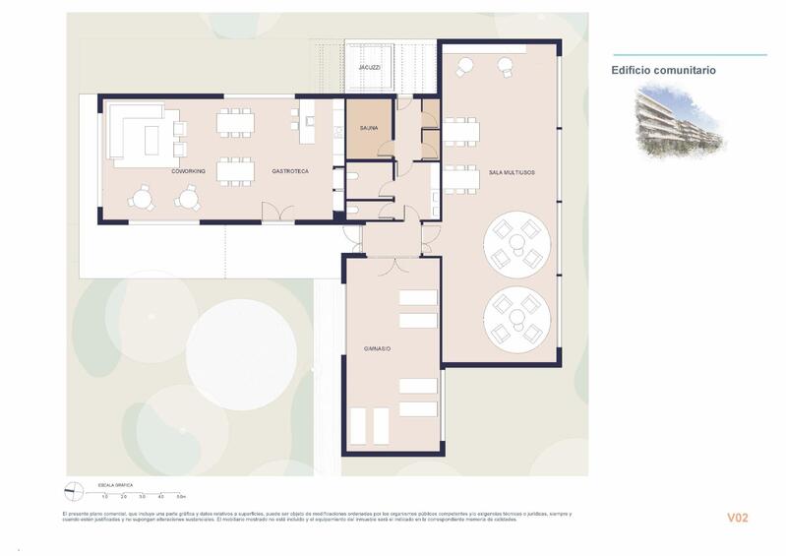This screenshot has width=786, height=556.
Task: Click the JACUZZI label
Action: [369, 68]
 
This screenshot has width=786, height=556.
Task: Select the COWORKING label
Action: [188, 171]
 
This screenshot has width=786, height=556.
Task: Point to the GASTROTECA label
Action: [290, 171]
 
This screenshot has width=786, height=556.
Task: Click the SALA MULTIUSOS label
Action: [512, 172]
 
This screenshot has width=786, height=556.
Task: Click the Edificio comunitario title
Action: [663, 71]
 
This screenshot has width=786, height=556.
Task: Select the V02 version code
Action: [739, 518]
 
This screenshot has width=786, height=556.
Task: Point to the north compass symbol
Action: [72, 489]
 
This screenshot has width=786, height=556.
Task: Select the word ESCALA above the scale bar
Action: [105, 484]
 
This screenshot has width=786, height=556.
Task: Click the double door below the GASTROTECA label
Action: [277, 213]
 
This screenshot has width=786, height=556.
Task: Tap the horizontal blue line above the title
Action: [688, 55]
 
